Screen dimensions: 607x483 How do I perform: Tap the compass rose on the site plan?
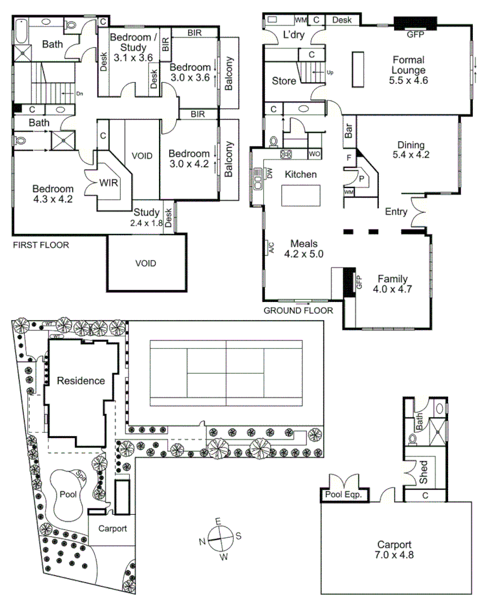click(x=219, y=539)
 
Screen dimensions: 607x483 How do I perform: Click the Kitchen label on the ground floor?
click(x=300, y=174)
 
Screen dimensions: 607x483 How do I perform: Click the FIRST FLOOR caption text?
click(x=41, y=245)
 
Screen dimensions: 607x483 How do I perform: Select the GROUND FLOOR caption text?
click(x=298, y=311)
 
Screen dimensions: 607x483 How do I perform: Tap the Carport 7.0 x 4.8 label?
click(x=394, y=550)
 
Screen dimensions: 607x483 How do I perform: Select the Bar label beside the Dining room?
click(x=348, y=131)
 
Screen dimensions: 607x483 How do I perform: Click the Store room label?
click(x=283, y=81)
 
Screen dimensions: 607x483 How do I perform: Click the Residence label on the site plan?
click(x=81, y=381)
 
